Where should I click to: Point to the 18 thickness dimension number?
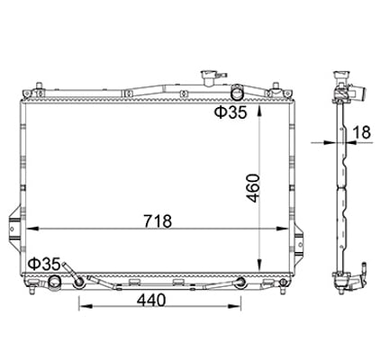click(362, 131)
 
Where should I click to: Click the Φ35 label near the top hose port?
click(229, 112)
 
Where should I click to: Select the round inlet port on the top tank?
click(238, 92)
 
